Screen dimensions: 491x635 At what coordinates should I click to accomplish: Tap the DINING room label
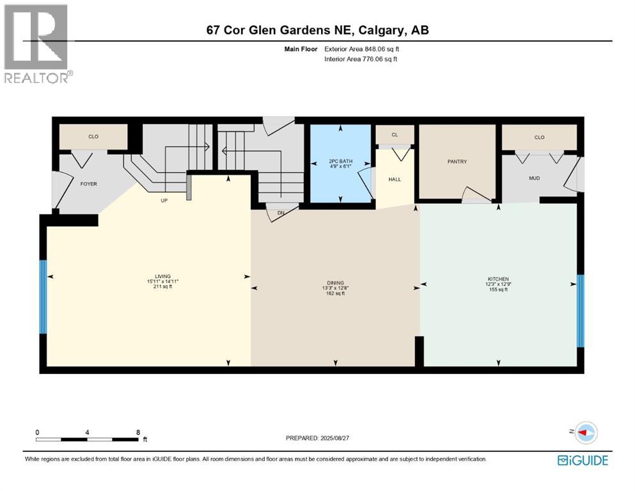point(334,283)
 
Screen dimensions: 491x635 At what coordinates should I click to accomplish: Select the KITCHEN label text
point(498,279)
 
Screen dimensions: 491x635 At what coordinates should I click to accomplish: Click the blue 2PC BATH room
point(341,164)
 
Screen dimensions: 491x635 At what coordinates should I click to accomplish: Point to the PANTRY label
point(457,162)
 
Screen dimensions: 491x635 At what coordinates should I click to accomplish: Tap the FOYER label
point(88,184)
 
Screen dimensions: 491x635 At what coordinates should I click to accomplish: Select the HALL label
point(395,179)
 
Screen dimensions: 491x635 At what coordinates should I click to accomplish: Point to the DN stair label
point(280,214)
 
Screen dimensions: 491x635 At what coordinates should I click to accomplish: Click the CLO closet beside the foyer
point(93,136)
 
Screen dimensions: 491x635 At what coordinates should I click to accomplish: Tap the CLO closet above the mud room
point(539,137)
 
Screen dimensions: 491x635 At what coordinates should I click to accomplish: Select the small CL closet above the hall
point(395,134)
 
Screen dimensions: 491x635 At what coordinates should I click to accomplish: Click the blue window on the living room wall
point(43,297)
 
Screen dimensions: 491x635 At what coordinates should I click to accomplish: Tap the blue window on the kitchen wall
point(581,310)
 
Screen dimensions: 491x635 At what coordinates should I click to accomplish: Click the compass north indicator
point(586,433)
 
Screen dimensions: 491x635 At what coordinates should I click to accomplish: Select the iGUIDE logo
point(582,460)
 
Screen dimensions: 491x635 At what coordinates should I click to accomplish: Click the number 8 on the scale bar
point(138,432)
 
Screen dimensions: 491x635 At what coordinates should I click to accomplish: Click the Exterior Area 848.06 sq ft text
point(365,49)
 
